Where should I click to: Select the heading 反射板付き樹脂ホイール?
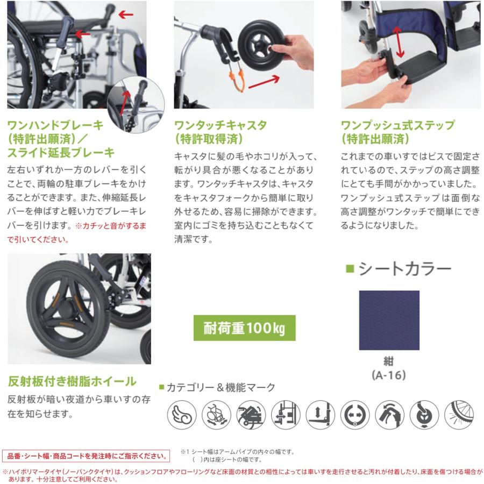pos(73,382)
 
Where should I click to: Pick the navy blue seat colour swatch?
pos(389,320)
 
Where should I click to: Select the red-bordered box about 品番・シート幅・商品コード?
pos(87,456)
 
